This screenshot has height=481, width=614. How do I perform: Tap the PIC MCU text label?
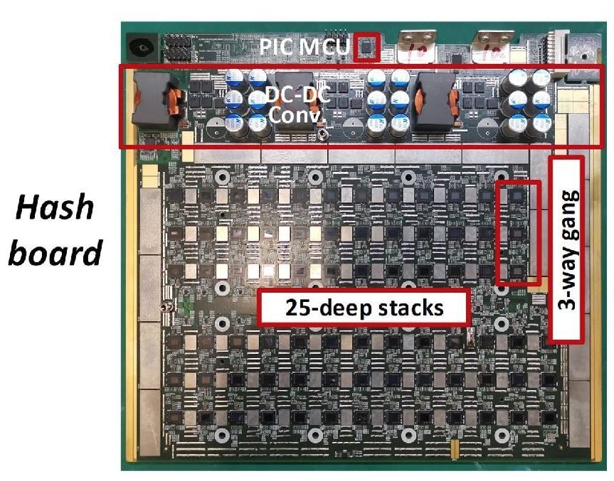(x=305, y=49)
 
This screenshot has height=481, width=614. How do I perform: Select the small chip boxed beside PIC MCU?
(x=366, y=46)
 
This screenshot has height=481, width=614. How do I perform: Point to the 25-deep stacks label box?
(x=364, y=308)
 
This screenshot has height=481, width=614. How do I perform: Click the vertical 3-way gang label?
(x=567, y=248)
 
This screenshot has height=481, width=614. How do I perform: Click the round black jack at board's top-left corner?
(x=140, y=48)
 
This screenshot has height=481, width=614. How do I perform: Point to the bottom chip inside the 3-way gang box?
(x=517, y=271)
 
